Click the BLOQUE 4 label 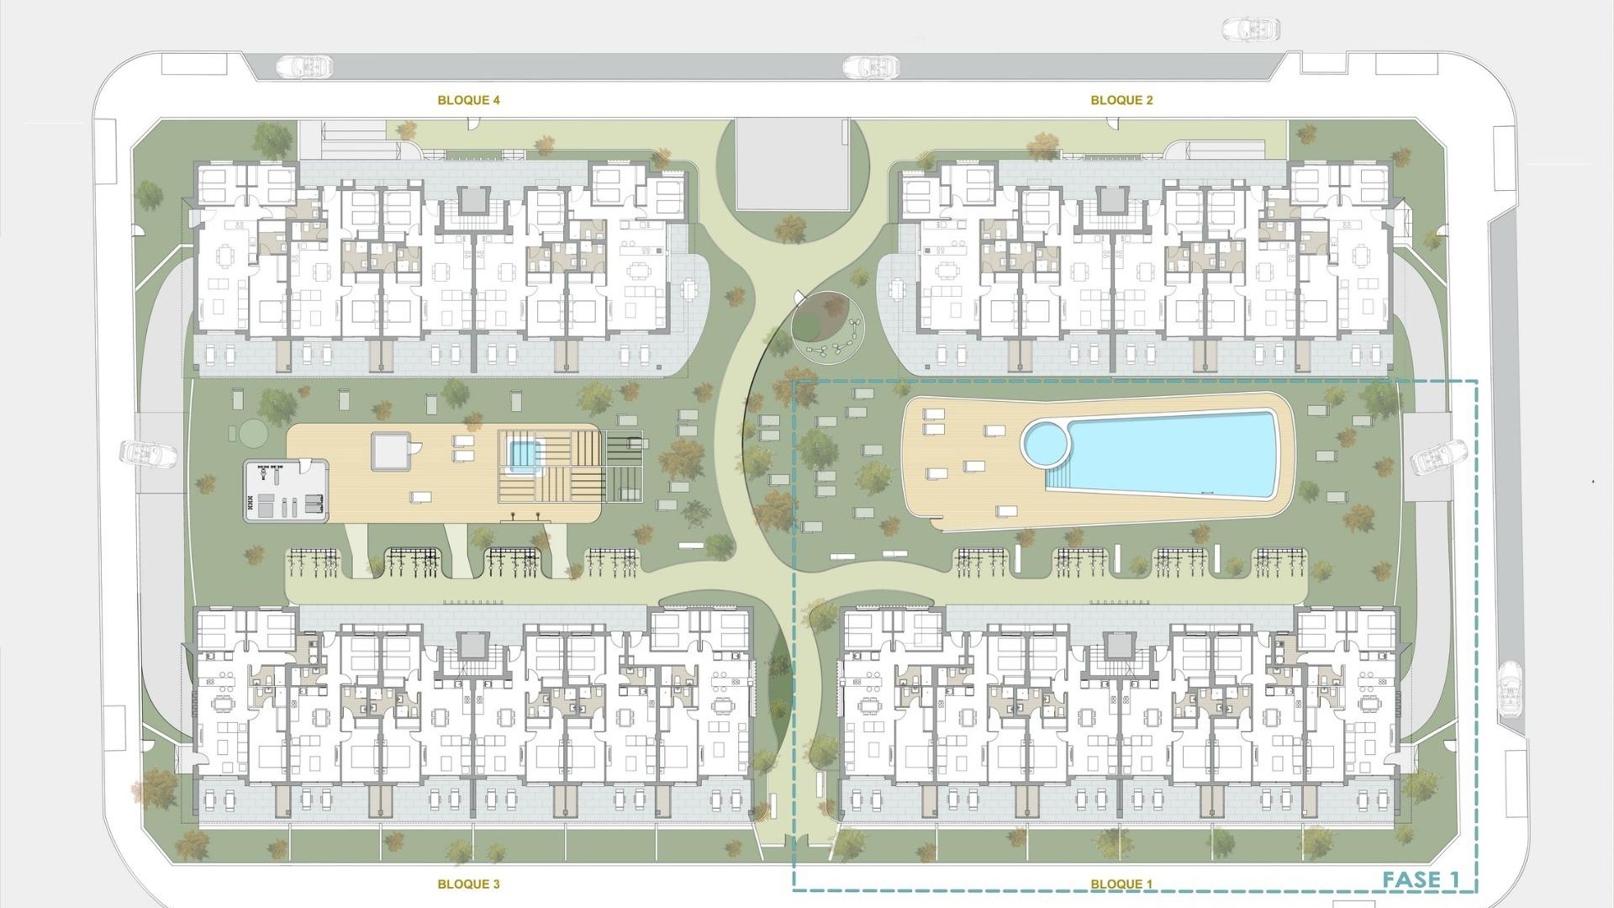click(468, 100)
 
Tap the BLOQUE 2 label click(1121, 100)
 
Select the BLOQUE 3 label click(468, 884)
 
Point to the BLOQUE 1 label click(1121, 884)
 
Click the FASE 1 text click(1421, 880)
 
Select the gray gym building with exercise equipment click(286, 491)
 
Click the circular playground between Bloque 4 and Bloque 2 click(827, 327)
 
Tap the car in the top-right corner click(1250, 30)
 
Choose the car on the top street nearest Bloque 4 click(305, 66)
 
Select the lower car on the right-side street click(1510, 689)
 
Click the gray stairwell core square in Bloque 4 click(472, 199)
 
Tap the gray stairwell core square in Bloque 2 click(1112, 199)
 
